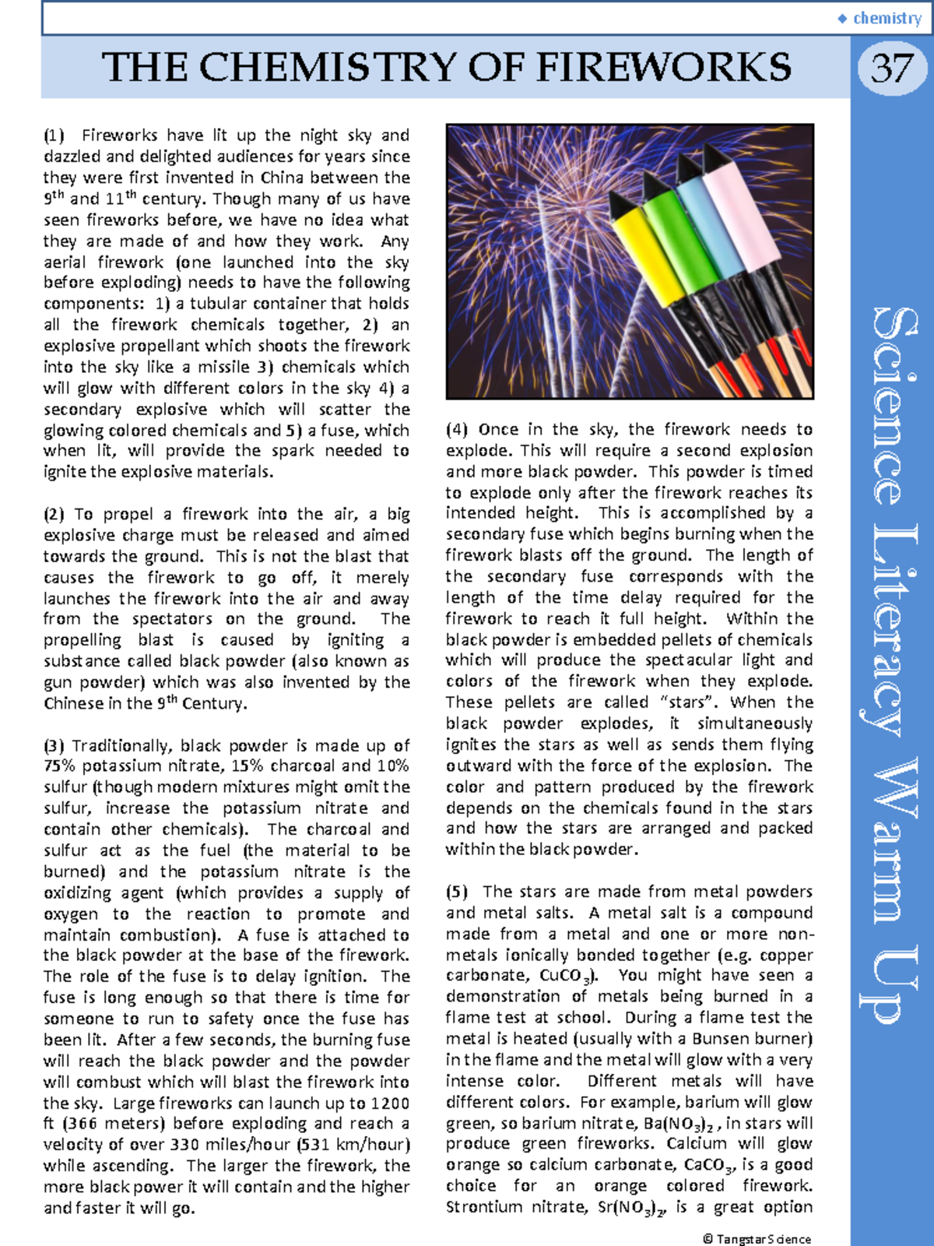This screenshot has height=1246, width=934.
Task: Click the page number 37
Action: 892,69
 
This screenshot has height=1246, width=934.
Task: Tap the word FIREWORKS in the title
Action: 663,68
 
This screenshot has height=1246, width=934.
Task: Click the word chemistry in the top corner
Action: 887,18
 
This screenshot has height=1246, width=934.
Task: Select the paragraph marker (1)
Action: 54,136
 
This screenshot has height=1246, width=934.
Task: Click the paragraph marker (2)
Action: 54,514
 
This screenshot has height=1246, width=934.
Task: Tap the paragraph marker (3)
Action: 54,745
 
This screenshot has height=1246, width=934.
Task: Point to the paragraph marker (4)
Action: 457,429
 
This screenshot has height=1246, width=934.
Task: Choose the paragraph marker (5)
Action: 457,892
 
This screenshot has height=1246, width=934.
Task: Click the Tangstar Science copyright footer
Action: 757,1238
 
